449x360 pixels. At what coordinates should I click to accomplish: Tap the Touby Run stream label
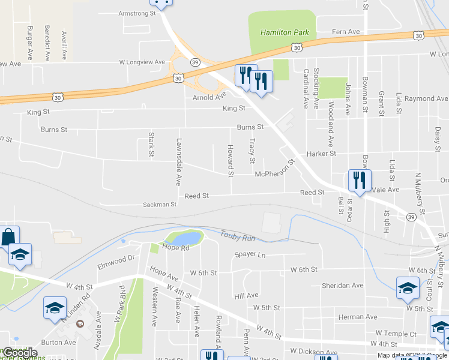coord(238,237)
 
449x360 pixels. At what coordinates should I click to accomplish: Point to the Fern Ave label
coord(346,32)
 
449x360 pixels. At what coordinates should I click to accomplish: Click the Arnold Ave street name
coord(209,97)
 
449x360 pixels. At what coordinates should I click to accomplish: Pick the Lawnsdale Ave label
coord(178,161)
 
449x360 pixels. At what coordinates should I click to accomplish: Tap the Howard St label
coord(230,161)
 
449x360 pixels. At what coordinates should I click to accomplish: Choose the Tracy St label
coord(252,151)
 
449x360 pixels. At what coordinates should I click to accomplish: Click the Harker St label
coord(321,154)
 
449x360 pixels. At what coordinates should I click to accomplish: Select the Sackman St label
coord(160,205)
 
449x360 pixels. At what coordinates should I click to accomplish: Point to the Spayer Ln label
coord(250,255)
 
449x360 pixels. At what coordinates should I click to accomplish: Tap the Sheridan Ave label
coord(342,285)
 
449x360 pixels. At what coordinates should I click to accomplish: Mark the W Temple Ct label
coord(396,333)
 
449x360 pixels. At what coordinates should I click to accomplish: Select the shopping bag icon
coord(10,236)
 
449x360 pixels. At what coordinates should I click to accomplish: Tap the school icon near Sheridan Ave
coord(408,287)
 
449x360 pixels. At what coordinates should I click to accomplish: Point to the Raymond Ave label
coord(426,98)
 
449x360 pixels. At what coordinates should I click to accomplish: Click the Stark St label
coord(151,145)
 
